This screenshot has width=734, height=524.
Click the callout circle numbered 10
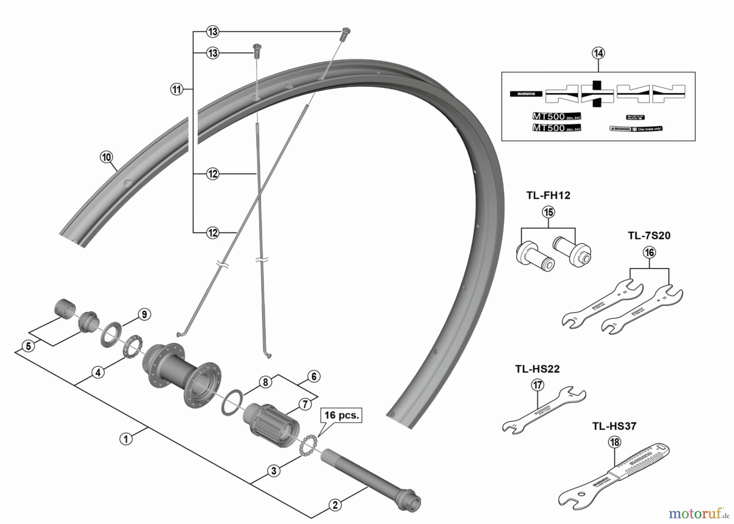(x=106, y=157)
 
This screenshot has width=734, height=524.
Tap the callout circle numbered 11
(x=177, y=89)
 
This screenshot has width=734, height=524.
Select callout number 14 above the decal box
(x=598, y=53)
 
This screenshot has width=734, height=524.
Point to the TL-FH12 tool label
(x=548, y=196)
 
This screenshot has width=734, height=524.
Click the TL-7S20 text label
(x=649, y=236)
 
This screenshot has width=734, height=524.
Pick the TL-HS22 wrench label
(x=537, y=369)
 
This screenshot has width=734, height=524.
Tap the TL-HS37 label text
(x=614, y=427)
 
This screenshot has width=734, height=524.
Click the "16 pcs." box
(x=341, y=416)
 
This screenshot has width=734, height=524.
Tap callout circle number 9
(x=144, y=315)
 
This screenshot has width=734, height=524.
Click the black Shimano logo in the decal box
(x=526, y=94)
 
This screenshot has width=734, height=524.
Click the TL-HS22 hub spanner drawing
(x=544, y=410)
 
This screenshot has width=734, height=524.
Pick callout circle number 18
(x=614, y=443)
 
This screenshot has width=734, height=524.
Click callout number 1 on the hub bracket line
(x=126, y=439)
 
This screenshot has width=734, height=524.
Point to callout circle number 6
(x=314, y=376)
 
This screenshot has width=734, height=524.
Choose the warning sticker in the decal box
(x=636, y=129)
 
